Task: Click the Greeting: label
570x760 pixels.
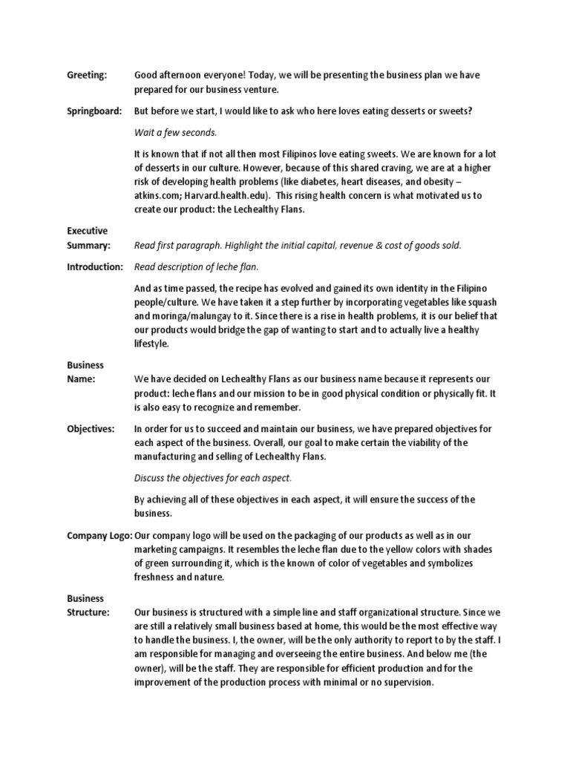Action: (87, 75)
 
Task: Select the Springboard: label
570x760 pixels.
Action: (94, 111)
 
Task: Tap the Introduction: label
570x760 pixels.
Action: (94, 266)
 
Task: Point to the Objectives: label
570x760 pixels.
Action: (91, 429)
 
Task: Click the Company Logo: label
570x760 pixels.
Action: (99, 535)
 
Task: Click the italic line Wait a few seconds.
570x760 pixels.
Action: (175, 132)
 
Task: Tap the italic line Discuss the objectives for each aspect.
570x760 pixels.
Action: (213, 478)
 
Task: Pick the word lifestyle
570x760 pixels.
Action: (151, 344)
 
